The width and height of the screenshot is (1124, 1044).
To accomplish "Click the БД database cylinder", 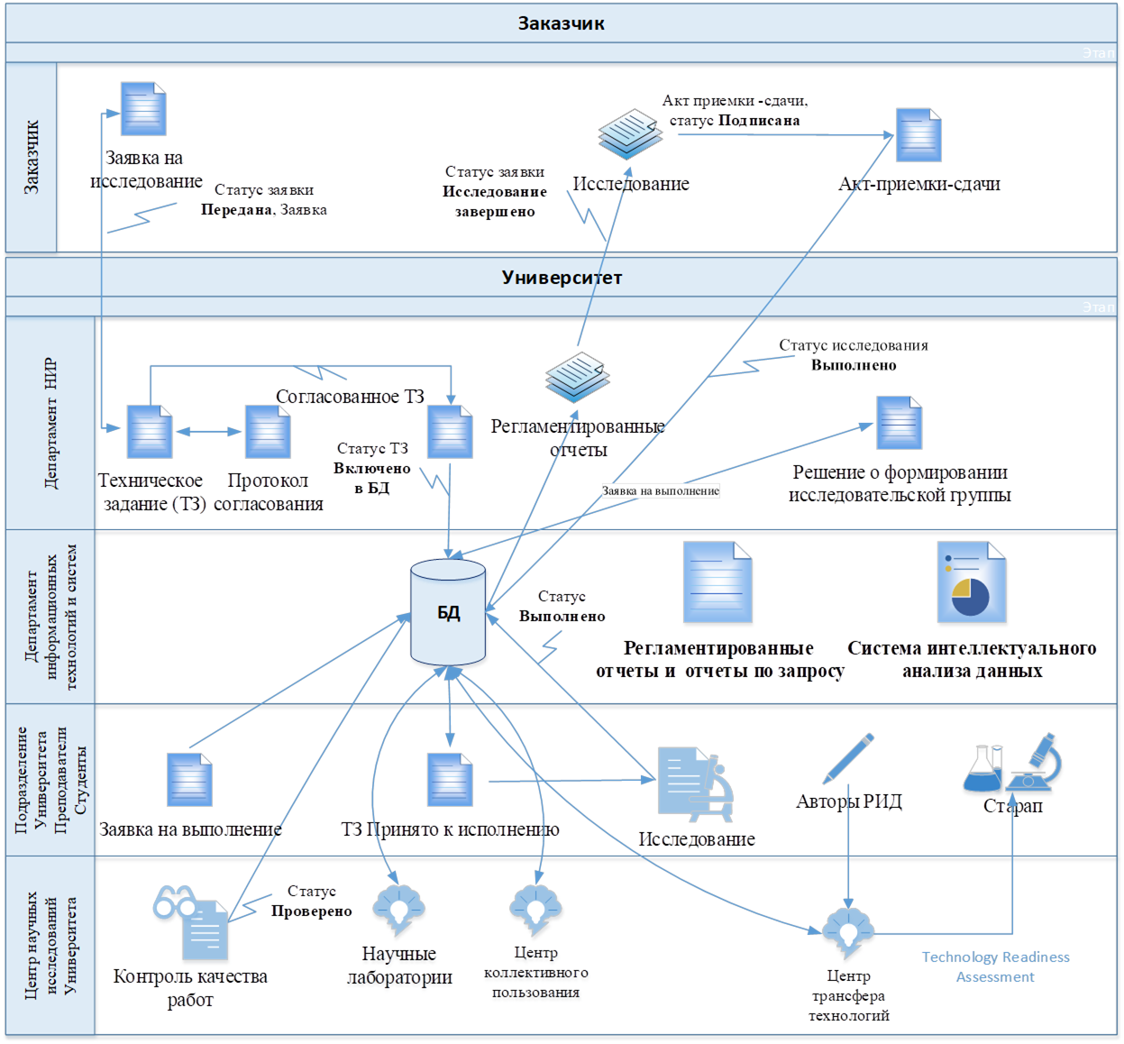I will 448,613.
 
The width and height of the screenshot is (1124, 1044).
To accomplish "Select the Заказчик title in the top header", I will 561,23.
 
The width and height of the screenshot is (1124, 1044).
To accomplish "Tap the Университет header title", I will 562,278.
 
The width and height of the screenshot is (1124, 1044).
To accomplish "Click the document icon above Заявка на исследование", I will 144,109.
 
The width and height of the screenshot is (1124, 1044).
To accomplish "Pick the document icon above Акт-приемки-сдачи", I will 918,135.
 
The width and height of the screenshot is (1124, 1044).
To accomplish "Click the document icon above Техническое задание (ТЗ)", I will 150,432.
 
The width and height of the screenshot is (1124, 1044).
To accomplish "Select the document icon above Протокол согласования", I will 268,432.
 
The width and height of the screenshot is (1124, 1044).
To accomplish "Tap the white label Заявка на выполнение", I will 661,491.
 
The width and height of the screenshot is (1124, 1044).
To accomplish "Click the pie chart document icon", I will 972,584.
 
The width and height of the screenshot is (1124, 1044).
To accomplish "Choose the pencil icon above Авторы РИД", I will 848,758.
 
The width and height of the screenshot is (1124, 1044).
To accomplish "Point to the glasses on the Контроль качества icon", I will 173,902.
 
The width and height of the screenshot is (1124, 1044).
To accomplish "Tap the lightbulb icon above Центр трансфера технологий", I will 847,933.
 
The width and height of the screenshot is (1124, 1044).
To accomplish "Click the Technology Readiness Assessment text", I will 995,966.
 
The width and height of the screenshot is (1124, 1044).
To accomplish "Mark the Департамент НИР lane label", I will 51,423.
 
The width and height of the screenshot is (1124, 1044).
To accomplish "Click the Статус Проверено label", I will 311,902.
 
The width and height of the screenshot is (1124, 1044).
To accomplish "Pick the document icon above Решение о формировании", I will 899,423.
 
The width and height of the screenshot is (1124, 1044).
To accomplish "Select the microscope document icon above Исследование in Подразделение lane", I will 695,783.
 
